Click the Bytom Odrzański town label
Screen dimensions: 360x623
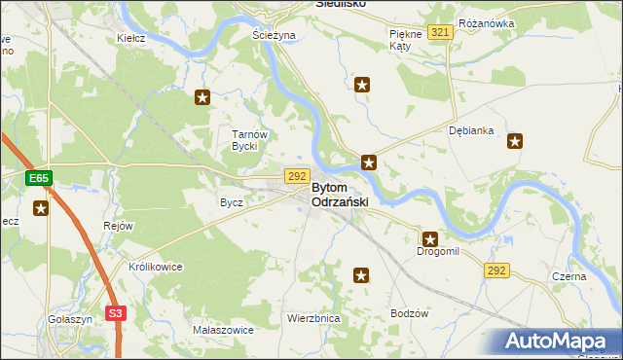click(341, 194)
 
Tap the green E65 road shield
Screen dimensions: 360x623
click(38, 178)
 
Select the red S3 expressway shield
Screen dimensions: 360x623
click(116, 313)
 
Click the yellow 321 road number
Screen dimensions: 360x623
click(440, 33)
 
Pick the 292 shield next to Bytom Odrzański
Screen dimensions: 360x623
click(297, 176)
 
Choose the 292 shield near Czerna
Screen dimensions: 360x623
click(496, 270)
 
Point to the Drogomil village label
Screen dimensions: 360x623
click(437, 251)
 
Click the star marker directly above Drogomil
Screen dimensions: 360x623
click(429, 237)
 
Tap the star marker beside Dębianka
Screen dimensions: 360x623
click(515, 141)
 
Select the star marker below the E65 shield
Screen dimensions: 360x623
click(41, 207)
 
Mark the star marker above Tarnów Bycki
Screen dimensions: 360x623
click(202, 97)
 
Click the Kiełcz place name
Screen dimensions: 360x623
click(130, 38)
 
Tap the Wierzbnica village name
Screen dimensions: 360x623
click(312, 318)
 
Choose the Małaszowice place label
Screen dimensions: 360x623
click(223, 330)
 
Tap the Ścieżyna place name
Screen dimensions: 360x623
click(274, 35)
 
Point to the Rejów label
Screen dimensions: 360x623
click(118, 225)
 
